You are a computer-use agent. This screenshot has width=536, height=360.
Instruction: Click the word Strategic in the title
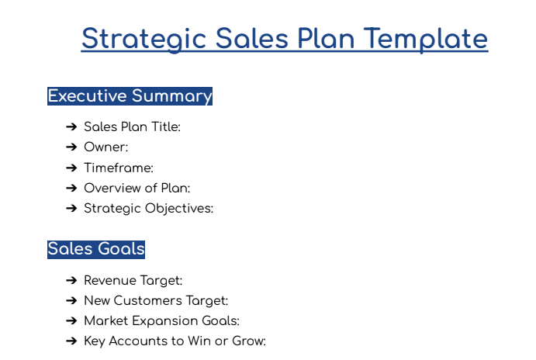[x=144, y=38]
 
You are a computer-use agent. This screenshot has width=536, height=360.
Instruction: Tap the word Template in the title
[x=426, y=38]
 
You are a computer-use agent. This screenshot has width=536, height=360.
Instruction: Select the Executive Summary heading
[x=130, y=96]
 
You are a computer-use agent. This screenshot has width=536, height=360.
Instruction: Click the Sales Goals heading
[x=96, y=249]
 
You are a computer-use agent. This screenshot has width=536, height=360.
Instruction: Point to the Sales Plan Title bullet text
[x=132, y=126]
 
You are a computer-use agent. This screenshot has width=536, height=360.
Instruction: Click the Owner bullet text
[x=105, y=147]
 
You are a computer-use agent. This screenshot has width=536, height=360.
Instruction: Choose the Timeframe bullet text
[x=119, y=168]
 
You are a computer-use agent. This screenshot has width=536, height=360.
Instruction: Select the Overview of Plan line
[x=137, y=188]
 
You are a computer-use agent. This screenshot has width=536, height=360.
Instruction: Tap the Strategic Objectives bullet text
[x=148, y=208]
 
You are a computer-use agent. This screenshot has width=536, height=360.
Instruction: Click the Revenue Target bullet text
[x=133, y=280]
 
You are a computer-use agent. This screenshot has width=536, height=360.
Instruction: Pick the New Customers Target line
[x=156, y=300]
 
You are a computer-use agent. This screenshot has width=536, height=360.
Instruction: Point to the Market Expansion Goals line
[x=161, y=320]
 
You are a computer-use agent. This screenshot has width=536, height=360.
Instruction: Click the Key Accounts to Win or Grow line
[x=175, y=341]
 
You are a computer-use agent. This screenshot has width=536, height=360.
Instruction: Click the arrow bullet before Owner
[x=71, y=147]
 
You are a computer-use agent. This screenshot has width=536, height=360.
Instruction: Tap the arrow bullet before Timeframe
[x=71, y=168]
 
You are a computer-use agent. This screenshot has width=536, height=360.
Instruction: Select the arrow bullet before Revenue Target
[x=71, y=280]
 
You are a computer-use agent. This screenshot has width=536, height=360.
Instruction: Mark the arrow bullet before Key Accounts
[x=71, y=341]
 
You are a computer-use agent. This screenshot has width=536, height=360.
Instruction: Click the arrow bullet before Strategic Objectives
[x=71, y=208]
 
